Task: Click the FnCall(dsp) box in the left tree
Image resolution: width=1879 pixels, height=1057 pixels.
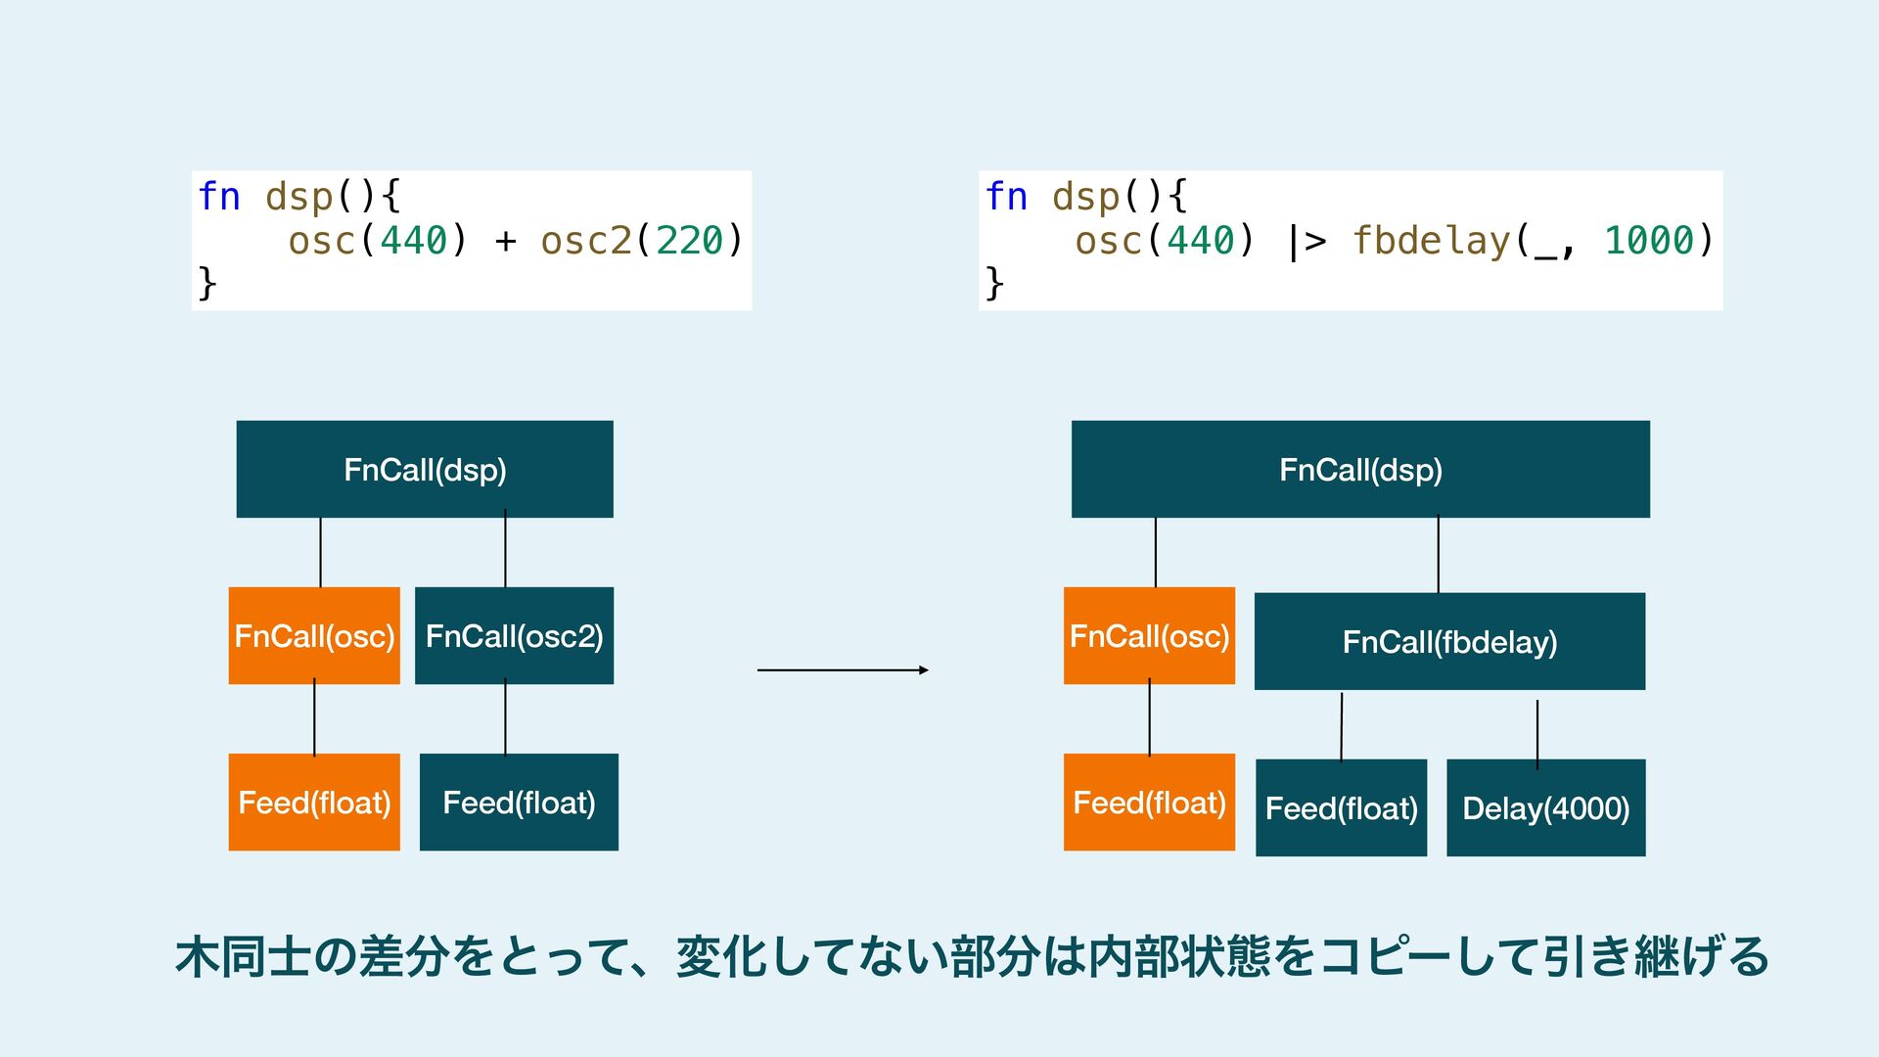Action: tap(425, 469)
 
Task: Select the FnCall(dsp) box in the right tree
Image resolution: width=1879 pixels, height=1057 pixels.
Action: tap(1360, 469)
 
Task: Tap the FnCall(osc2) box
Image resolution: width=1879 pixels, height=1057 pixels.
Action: tap(514, 635)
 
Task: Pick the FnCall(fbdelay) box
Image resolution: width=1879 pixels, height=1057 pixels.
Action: tap(1449, 641)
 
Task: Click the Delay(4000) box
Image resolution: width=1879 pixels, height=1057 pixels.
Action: tap(1545, 807)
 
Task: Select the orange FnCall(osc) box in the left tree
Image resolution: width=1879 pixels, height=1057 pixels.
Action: tap(314, 635)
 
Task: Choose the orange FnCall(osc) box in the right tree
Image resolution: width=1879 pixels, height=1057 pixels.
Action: tap(1149, 635)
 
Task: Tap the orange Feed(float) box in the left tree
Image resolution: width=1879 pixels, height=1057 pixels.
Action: tap(314, 802)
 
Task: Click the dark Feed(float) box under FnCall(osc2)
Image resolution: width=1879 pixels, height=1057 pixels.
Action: tap(519, 802)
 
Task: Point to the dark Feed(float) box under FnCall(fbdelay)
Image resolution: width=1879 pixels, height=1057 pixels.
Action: tap(1341, 807)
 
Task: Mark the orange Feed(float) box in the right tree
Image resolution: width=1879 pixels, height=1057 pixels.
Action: tap(1149, 802)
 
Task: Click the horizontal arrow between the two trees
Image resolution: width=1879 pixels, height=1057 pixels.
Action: tap(842, 670)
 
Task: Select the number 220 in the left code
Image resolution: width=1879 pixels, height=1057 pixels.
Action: tap(689, 241)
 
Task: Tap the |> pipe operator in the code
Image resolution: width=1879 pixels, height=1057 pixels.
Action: tap(1306, 241)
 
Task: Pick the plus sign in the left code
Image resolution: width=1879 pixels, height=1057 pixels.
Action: tap(505, 241)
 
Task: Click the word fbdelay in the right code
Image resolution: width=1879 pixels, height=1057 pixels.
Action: tap(1431, 241)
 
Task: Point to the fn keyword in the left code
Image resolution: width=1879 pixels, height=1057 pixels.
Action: tap(219, 197)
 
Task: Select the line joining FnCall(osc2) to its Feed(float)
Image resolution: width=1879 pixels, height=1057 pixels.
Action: tap(505, 718)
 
